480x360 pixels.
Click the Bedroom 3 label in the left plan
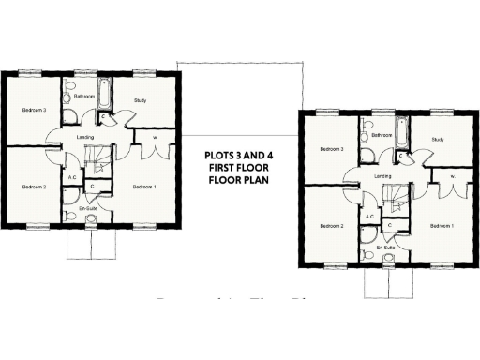pos(35,110)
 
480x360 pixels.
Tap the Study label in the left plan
pos(140,99)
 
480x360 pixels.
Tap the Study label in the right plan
pos(437,140)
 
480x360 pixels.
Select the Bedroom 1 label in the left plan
pos(144,187)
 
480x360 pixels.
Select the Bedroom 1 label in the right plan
pos(442,226)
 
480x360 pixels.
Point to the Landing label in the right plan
pos(382,176)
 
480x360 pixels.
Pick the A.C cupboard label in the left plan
pos(72,176)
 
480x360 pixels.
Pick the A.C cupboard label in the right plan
pos(369,216)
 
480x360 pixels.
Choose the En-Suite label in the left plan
pos(89,206)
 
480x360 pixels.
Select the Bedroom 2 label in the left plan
pos(35,187)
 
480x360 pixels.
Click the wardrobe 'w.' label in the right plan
pos(452,176)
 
